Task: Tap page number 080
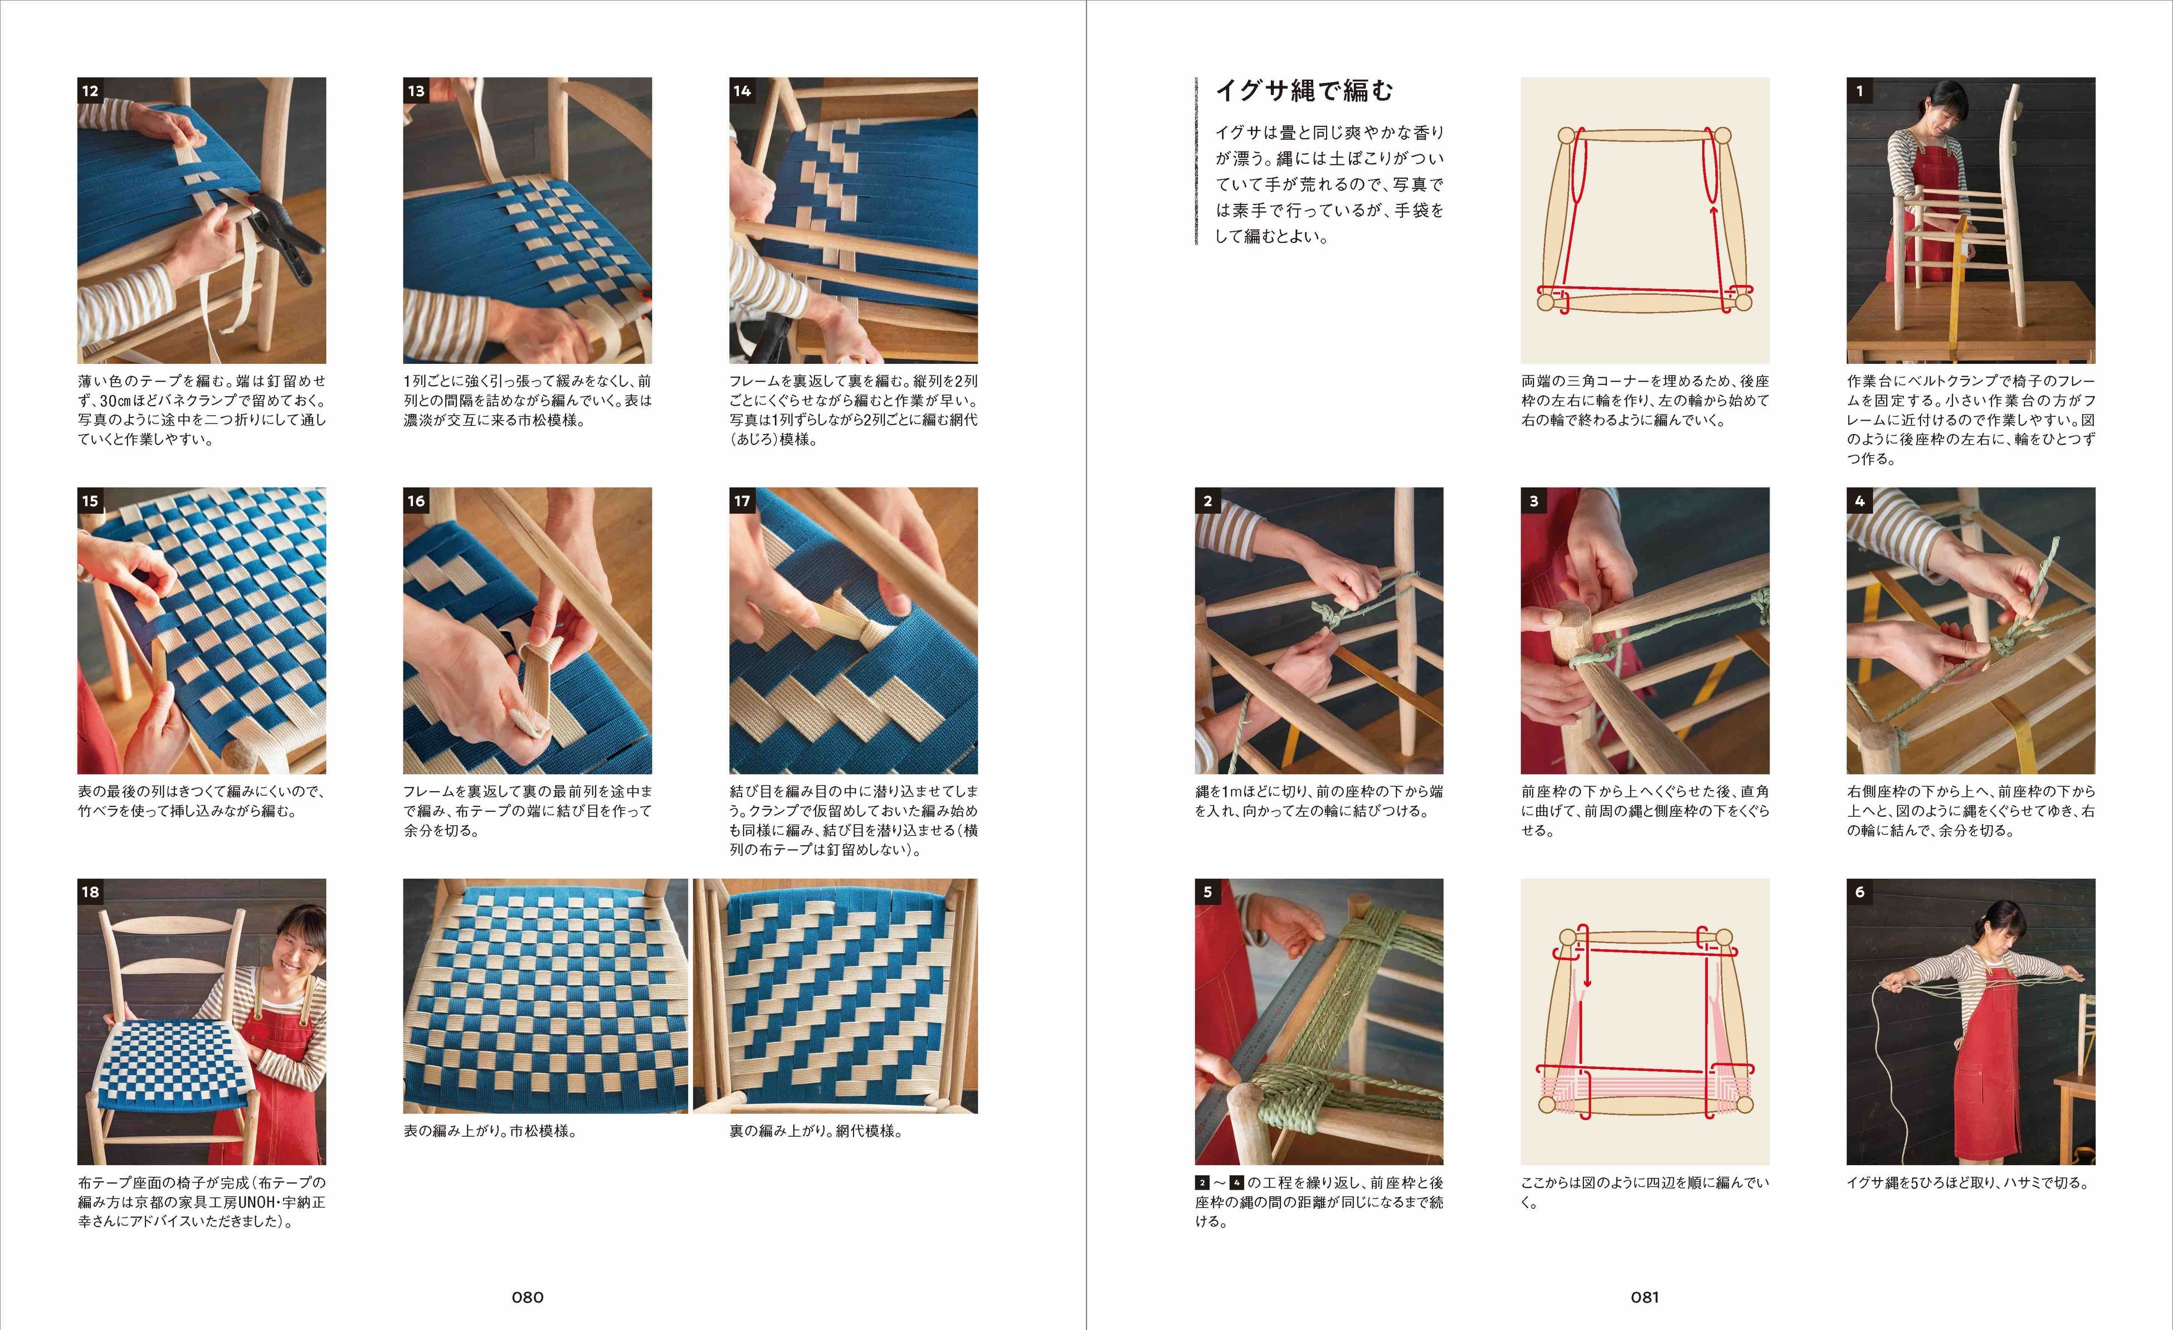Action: coord(528,1297)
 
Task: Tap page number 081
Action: coord(1645,1297)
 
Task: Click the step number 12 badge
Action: coord(90,91)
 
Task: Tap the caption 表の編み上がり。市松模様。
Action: coord(490,1131)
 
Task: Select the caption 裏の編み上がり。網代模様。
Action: coord(816,1131)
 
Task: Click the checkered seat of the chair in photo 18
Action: coord(177,1066)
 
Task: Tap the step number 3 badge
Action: coord(1533,501)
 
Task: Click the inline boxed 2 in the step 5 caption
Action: coord(1202,1183)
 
